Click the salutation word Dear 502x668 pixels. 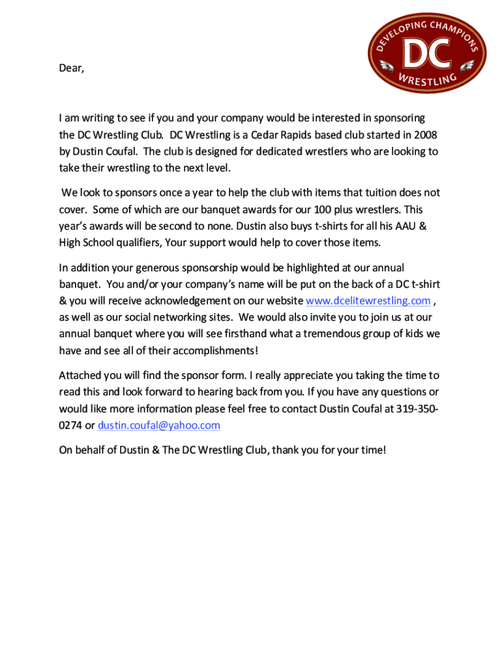pos(70,68)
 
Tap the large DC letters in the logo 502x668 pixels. pos(427,54)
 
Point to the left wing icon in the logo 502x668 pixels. pos(387,65)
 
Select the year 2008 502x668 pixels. pos(424,134)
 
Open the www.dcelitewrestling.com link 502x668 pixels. pos(368,301)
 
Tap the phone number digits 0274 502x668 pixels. pos(70,425)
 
